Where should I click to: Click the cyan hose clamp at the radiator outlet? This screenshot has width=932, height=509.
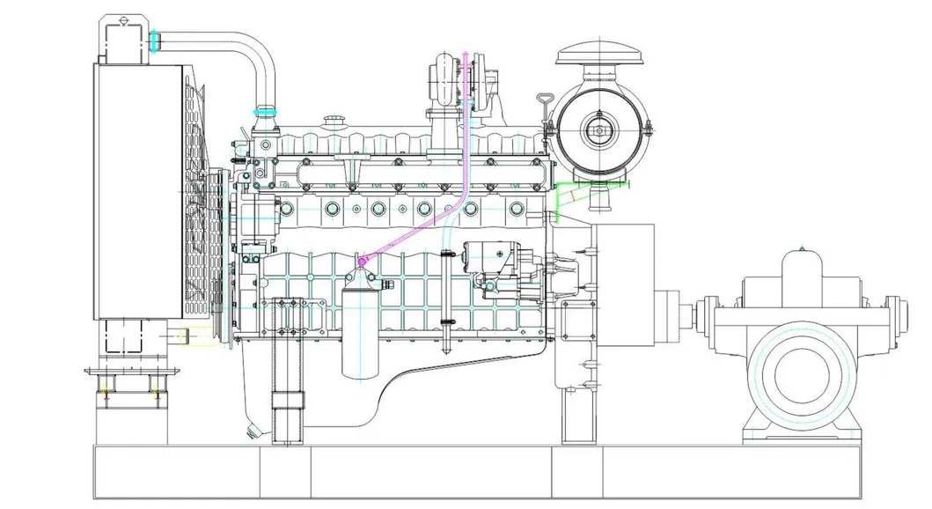[x=154, y=41]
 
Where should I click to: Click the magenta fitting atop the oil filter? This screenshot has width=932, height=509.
[x=362, y=262]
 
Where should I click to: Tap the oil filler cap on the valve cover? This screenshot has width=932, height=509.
[x=333, y=121]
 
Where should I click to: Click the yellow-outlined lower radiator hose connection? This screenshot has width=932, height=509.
[x=186, y=335]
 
